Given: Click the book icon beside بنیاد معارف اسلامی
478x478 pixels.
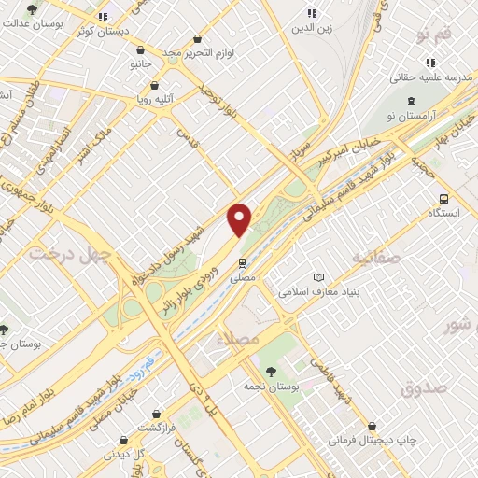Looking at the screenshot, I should (320, 277).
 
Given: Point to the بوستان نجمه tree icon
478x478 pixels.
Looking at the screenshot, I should (271, 371).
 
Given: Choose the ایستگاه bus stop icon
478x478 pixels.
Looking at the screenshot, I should (443, 198).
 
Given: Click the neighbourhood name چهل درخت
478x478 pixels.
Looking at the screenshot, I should (70, 253).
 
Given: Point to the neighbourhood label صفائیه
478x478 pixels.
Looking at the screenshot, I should (375, 256).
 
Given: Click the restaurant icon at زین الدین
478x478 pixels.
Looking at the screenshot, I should (311, 13).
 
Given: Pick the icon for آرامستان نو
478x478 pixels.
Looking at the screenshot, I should (409, 101).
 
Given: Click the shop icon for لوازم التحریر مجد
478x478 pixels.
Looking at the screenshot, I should (196, 40).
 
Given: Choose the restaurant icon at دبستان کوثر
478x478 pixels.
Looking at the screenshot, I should (104, 17).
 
